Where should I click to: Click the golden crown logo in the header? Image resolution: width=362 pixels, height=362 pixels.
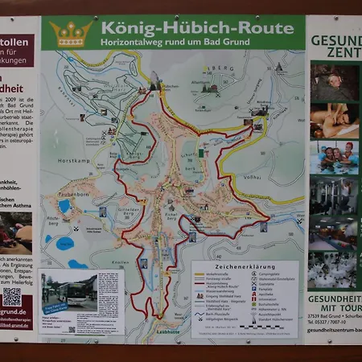coord(71,34)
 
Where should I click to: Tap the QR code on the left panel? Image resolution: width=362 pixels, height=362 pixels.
coord(12,296)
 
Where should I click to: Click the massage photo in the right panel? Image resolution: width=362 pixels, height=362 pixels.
coord(334,120)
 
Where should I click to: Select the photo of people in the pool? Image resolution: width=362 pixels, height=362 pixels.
coord(334,157)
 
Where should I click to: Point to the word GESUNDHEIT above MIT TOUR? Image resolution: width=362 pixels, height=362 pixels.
coord(334,298)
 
